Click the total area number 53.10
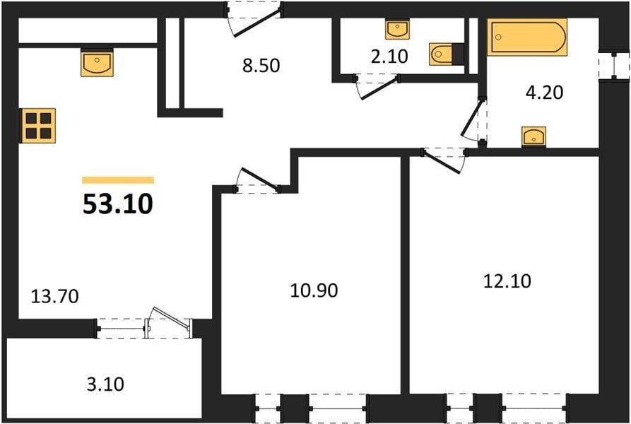tap(118, 204)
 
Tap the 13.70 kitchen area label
tap(54, 297)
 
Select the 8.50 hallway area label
tap(261, 66)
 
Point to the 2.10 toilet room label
tap(389, 57)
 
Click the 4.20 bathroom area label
tap(545, 93)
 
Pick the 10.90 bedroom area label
tap(314, 290)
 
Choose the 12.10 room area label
tap(507, 281)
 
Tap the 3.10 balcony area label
tap(105, 384)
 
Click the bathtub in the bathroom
tap(527, 37)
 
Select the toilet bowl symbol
tap(442, 54)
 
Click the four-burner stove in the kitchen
tap(38, 126)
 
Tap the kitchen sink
tap(97, 63)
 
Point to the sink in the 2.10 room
tap(398, 29)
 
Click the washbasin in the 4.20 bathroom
tap(533, 136)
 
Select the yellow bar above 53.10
tap(118, 179)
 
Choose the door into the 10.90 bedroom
tap(257, 179)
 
